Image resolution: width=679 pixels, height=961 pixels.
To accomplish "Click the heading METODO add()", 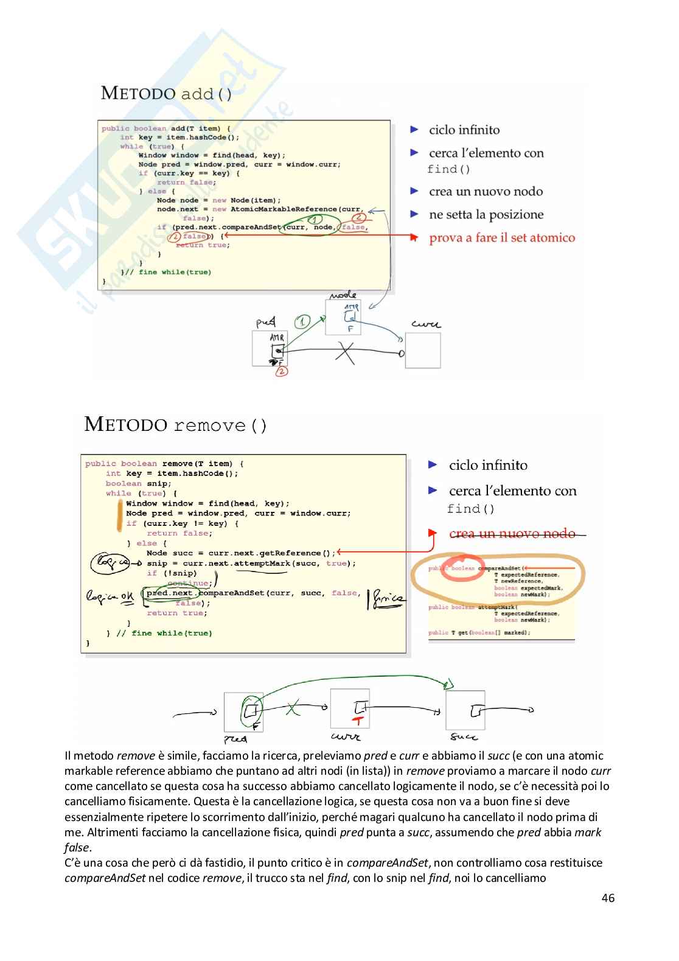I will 166,93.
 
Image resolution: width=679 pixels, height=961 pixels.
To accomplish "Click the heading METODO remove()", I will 175,424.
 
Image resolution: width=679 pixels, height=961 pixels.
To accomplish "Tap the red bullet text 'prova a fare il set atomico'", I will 501,238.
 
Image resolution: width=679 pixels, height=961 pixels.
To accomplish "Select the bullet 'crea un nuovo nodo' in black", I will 486,192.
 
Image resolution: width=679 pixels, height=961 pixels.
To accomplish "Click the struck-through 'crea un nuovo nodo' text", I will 512,534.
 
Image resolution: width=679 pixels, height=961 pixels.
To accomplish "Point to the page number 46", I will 607,898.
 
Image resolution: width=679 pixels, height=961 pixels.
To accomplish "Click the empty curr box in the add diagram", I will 423,351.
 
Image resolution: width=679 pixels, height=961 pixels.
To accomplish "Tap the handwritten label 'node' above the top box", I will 343,295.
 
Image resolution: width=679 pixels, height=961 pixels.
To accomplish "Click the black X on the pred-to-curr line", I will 345,352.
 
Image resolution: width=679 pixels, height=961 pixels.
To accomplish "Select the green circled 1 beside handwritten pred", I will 302,321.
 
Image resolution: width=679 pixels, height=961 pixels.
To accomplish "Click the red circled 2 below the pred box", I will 281,371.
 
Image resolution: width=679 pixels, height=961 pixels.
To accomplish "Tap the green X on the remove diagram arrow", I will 293,708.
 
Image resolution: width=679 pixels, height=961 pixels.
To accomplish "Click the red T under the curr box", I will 358,721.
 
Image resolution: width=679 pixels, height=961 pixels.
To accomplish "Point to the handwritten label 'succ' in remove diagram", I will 464,737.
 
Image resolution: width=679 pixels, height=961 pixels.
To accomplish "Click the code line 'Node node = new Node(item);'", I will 218,200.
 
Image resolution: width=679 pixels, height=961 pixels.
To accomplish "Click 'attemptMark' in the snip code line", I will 262,564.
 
